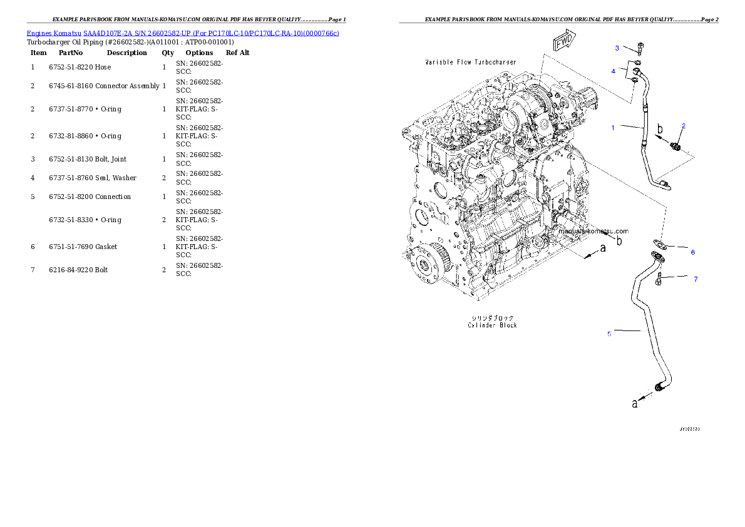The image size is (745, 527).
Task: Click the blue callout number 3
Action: pos(617,48)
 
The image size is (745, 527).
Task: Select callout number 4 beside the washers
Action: pos(614,71)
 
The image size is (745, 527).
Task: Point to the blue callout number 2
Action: pos(684,126)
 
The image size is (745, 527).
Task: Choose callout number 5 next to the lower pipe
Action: pos(609,334)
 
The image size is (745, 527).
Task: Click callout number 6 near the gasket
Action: pos(692,252)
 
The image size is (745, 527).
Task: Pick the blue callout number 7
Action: pos(695,279)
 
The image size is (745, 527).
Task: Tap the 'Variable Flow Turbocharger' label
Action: pos(470,63)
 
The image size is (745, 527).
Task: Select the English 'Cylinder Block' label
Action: pos(492,325)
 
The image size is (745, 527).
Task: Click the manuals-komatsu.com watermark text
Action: pos(592,231)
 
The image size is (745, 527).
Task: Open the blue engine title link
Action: pos(183,33)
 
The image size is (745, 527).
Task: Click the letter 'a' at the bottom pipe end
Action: pos(635,404)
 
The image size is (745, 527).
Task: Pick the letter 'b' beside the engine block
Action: pos(619,240)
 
